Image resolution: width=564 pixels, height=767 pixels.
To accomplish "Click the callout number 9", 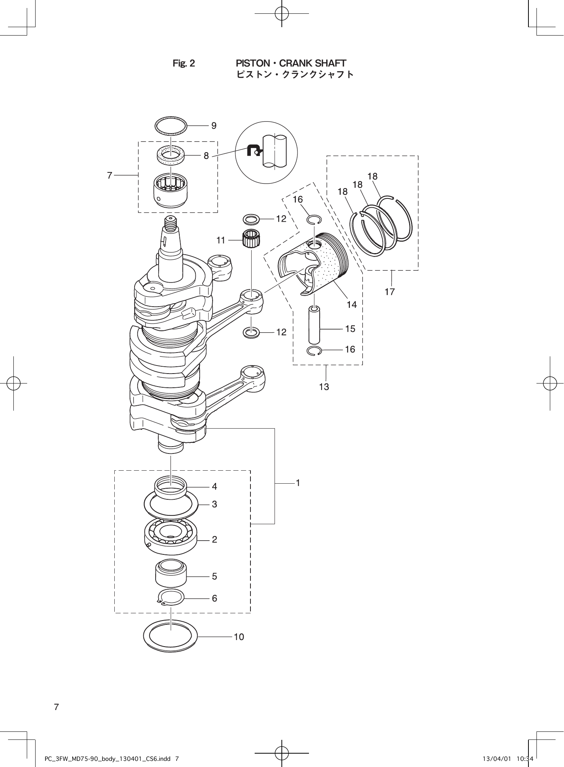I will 214,125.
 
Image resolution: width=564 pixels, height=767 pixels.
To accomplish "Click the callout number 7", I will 110,175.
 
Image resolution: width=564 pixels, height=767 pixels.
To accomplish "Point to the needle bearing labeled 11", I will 251,239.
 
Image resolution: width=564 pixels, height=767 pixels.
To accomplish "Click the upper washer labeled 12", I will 251,219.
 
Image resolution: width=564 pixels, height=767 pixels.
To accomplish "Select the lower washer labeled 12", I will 251,333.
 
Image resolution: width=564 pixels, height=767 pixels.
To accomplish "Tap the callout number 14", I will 352,305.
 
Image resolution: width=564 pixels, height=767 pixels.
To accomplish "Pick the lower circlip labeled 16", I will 314,350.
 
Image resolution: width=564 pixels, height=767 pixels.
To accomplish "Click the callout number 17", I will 390,292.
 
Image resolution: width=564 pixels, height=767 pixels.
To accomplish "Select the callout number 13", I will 324,387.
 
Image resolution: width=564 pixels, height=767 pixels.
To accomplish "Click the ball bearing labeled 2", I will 171,536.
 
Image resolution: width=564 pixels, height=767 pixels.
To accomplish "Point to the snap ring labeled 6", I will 171,598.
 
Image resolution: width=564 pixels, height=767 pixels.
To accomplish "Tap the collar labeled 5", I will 171,574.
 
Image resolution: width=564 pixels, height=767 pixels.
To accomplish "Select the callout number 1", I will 298,483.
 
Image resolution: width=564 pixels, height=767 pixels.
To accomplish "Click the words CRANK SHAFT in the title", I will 313,63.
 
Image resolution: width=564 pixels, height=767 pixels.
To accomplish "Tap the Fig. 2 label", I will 184,63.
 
